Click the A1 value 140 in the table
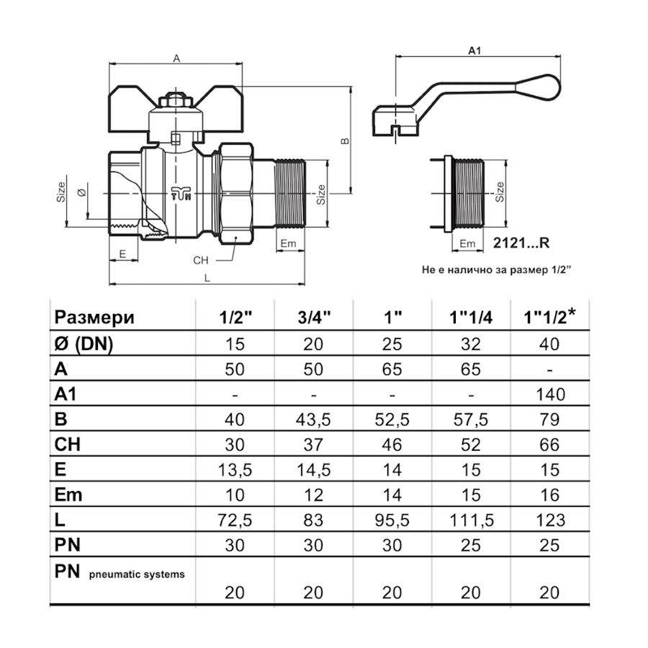[549, 394]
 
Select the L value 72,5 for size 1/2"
[235, 519]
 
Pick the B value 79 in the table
[549, 419]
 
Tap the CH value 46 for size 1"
[392, 444]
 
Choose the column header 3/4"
[314, 318]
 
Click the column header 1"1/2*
[549, 318]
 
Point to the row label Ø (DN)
[84, 344]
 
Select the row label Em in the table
[68, 495]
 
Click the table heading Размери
[95, 318]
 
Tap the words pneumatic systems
[137, 574]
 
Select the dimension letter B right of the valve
[344, 141]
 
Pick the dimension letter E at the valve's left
[123, 254]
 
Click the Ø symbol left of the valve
[81, 193]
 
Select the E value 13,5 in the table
[235, 469]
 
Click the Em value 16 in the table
[549, 495]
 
